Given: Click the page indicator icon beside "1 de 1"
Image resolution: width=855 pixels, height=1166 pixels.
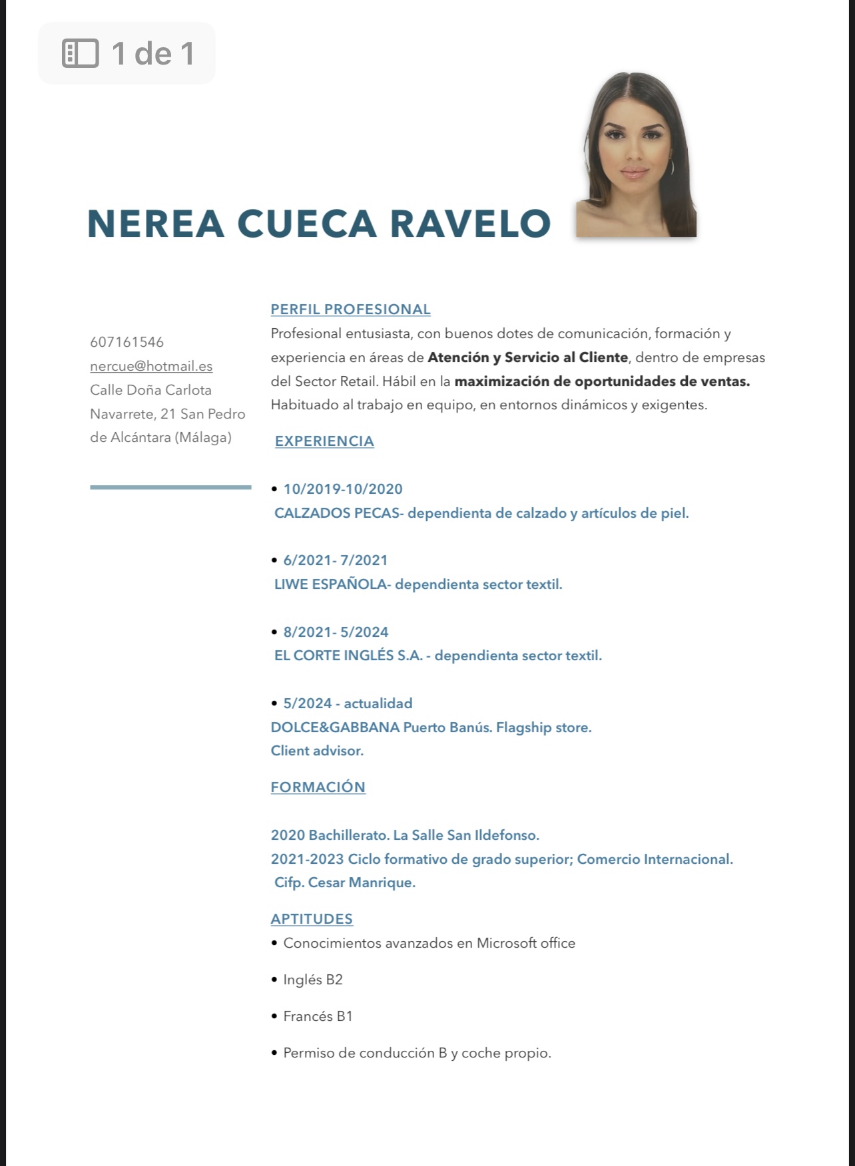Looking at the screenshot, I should (x=80, y=53).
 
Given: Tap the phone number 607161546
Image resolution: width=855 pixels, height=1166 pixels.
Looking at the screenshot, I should (x=127, y=342).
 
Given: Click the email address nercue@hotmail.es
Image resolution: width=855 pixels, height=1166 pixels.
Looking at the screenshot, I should (x=151, y=366).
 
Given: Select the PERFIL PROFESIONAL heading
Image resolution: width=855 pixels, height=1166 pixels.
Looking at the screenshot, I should (x=350, y=309).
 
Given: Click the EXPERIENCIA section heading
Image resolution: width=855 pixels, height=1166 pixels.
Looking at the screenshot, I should (x=324, y=441).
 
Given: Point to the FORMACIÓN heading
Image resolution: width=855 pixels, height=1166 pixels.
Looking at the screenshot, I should (x=318, y=787).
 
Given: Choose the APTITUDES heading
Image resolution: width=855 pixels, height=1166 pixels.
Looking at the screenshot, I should (x=312, y=918).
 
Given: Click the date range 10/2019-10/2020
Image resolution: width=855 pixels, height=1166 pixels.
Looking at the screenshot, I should (x=343, y=489).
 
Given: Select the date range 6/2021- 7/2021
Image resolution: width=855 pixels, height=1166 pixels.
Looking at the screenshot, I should (x=336, y=560).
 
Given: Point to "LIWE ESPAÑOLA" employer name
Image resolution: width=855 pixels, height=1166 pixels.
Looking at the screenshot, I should (x=330, y=584).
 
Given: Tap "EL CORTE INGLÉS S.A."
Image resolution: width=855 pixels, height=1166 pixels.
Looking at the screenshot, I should (x=348, y=656).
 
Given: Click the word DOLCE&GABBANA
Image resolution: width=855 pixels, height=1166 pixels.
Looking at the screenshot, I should (x=335, y=727).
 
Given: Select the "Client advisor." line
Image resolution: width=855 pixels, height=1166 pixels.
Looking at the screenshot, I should (x=317, y=751).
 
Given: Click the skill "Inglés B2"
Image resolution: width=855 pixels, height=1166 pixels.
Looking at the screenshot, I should (x=312, y=980).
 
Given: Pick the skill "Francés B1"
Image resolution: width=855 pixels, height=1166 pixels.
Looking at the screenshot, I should (x=318, y=1016).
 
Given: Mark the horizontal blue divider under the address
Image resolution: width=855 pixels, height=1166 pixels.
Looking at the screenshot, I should (x=170, y=487).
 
